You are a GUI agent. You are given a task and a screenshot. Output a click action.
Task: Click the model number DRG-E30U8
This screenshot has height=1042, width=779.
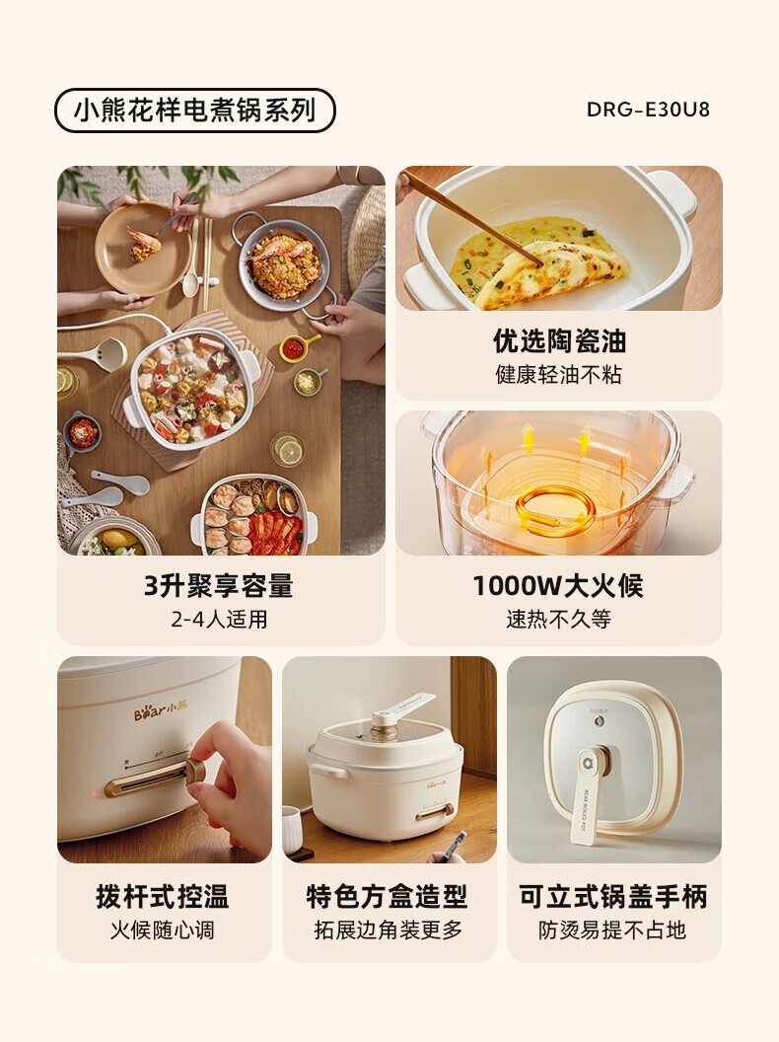coord(648,110)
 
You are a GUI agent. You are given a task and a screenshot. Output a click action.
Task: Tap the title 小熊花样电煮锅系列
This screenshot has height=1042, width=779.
coord(194,111)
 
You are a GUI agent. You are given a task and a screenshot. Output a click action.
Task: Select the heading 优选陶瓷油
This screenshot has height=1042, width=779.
coord(559,340)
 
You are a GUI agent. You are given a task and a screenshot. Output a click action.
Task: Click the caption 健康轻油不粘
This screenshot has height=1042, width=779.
coord(558,375)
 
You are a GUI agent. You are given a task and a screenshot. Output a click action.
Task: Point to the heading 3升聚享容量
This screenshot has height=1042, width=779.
coord(219,585)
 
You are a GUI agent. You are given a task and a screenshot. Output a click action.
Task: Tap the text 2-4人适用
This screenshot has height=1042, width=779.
coord(219,620)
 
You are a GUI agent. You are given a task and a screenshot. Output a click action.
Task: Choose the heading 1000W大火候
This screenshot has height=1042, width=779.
coord(558,585)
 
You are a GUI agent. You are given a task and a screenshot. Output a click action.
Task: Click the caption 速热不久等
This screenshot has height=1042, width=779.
coord(558,620)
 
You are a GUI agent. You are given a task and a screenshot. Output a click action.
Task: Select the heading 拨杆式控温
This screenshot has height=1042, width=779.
coord(163,897)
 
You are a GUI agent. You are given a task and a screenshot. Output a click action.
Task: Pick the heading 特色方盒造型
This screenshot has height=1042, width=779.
coord(388,897)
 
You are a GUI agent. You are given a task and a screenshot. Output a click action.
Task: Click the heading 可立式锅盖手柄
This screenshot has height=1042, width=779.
coord(613,897)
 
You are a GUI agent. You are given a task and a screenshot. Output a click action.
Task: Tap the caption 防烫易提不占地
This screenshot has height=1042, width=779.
coord(611,930)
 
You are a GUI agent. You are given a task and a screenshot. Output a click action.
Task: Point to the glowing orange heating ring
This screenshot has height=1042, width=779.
coord(554,508)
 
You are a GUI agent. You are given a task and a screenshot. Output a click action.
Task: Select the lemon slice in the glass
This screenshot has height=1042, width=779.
coord(290,452)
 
